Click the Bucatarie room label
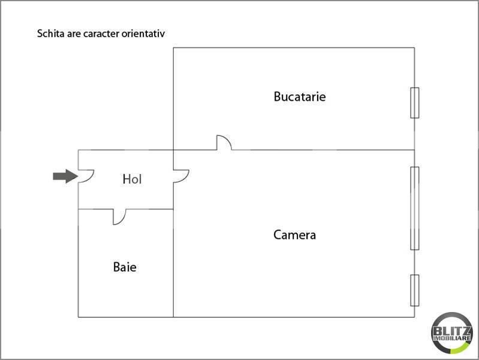(300, 96)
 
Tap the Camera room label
(294, 235)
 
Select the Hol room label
(132, 179)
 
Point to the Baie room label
(125, 266)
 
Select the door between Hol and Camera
(181, 176)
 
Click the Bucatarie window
(414, 103)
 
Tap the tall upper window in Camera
(414, 208)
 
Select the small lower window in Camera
(414, 290)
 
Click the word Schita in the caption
(50, 34)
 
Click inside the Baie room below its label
(125, 294)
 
